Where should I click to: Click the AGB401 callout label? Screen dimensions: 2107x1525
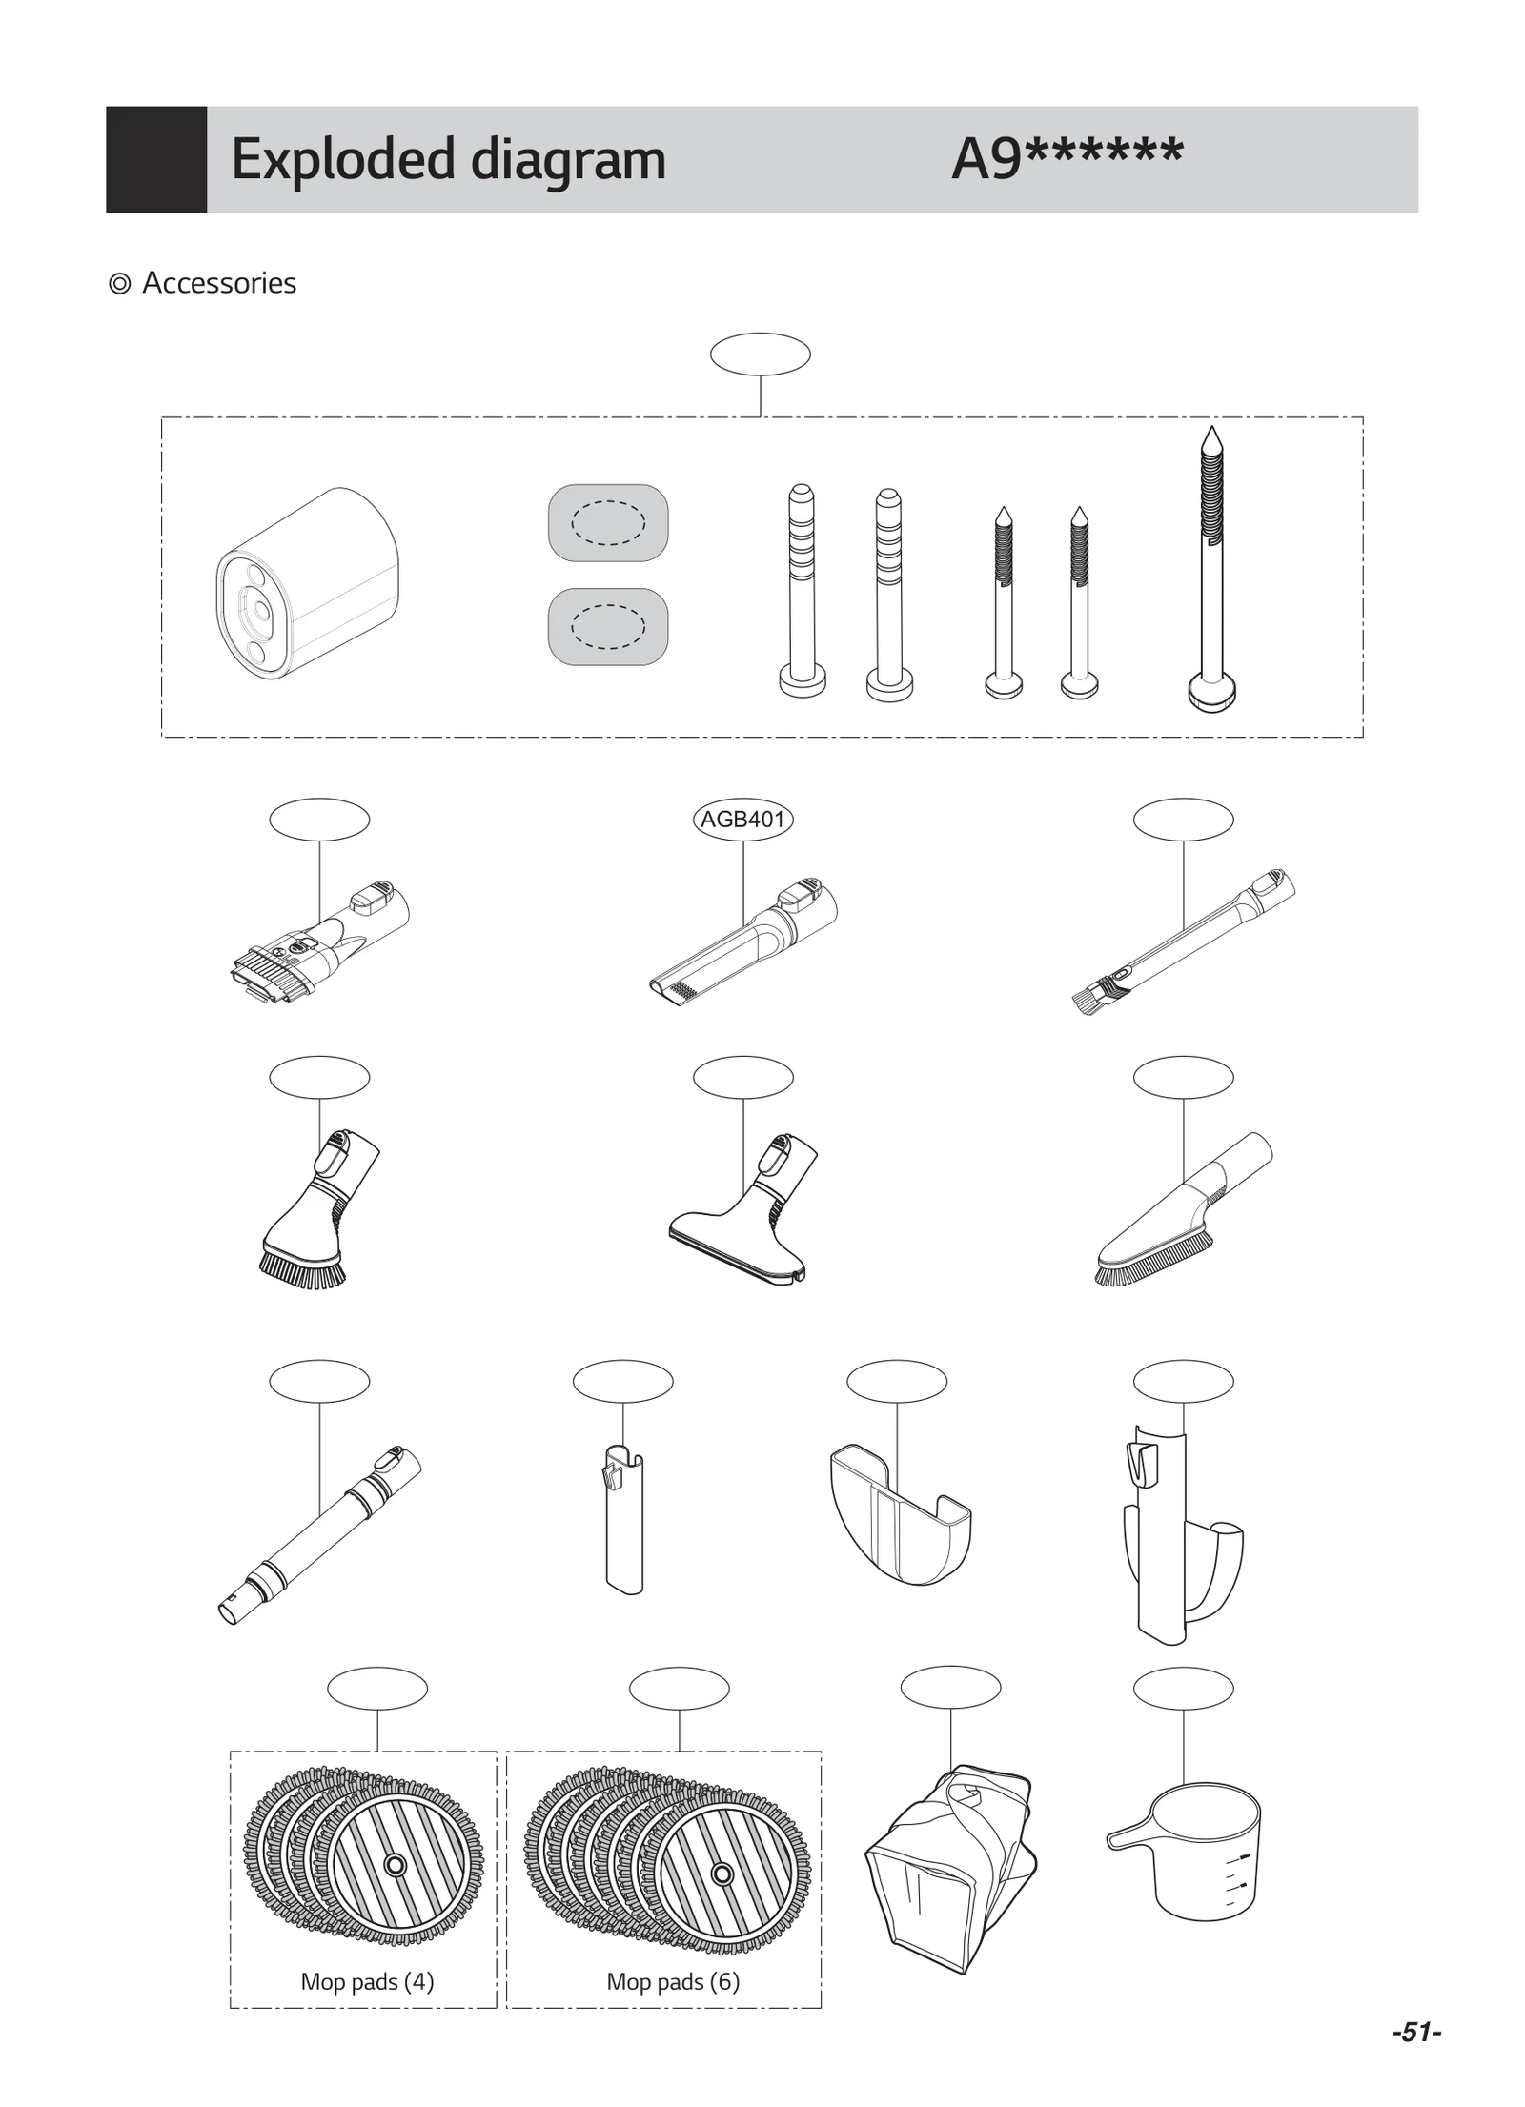tap(742, 820)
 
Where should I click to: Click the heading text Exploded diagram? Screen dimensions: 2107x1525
tap(448, 159)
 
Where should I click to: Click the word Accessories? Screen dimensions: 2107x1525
tap(219, 283)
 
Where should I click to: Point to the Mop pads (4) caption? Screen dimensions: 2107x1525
tap(367, 1981)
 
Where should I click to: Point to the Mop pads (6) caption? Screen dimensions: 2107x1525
tap(673, 1981)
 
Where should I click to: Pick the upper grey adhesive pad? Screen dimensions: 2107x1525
tap(608, 522)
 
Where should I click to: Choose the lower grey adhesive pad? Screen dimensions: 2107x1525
tap(608, 626)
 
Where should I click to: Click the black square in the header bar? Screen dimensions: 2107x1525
tap(156, 159)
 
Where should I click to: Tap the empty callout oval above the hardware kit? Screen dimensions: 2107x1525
tap(760, 355)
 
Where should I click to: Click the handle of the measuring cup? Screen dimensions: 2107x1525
tap(1130, 1834)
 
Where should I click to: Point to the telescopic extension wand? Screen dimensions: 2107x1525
tap(319, 1534)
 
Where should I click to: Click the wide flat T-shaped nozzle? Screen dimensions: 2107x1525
tap(739, 1229)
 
